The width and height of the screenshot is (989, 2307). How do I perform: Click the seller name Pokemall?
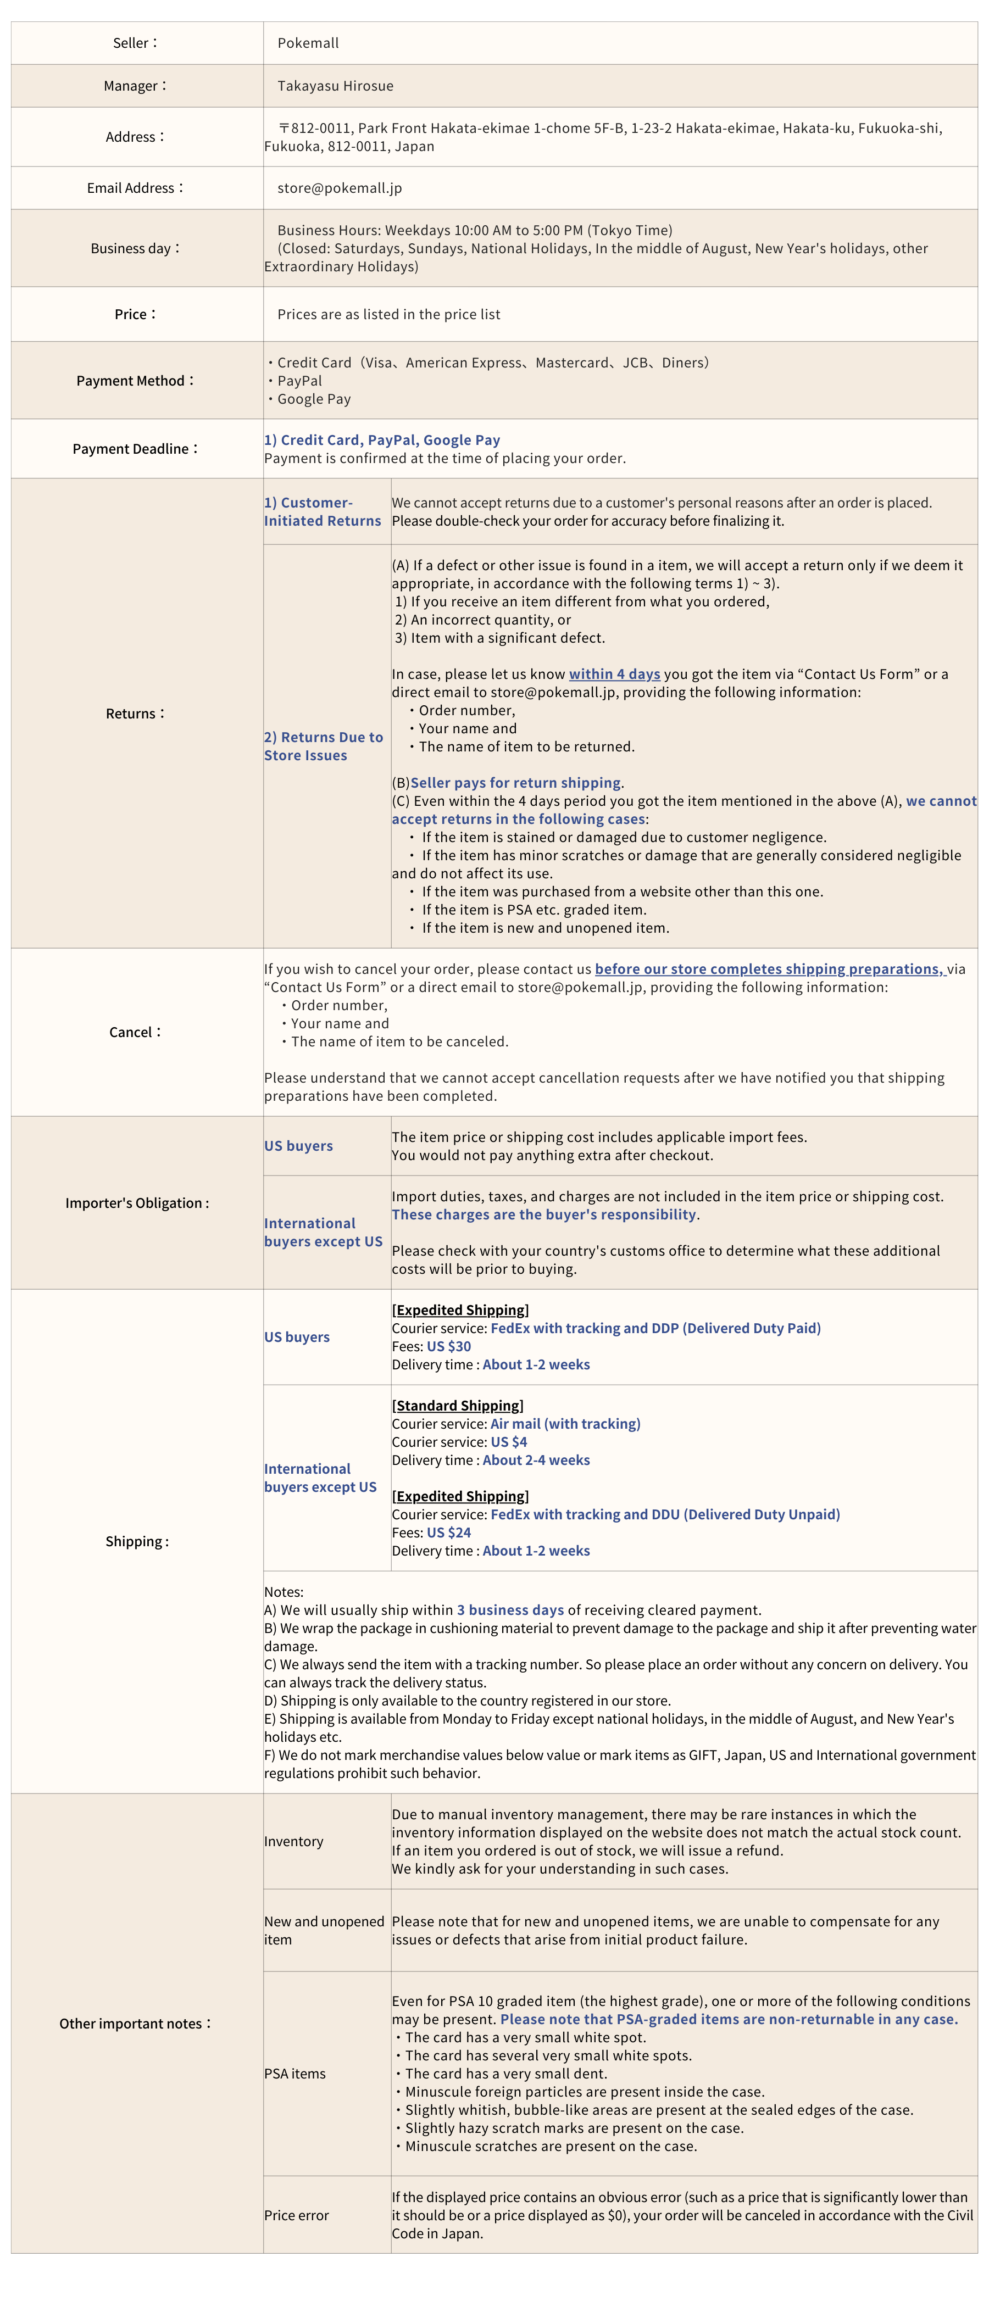pyautogui.click(x=308, y=43)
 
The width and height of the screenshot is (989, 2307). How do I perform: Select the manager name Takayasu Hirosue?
pyautogui.click(x=335, y=86)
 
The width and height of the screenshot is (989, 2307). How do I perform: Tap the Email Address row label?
pyautogui.click(x=135, y=188)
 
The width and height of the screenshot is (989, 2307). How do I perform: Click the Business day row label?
pyautogui.click(x=135, y=248)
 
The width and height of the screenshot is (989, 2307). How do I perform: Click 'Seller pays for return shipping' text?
pyautogui.click(x=515, y=783)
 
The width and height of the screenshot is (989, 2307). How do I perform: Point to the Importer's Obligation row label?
pyautogui.click(x=137, y=1203)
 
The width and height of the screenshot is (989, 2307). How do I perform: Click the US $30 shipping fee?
pyautogui.click(x=449, y=1346)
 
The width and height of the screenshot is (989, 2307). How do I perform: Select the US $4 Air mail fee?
pyautogui.click(x=509, y=1442)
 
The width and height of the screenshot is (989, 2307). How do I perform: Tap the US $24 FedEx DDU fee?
pyautogui.click(x=449, y=1533)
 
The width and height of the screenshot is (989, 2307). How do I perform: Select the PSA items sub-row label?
pyautogui.click(x=295, y=2073)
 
